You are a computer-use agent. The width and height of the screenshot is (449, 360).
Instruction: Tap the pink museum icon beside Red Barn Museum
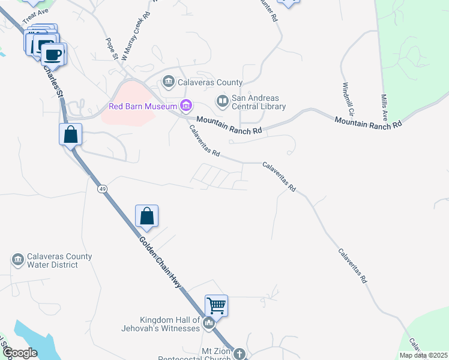pos(186,107)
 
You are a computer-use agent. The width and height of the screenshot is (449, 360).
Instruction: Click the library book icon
pos(222,101)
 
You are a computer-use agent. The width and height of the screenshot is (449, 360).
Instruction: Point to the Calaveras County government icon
pos(167,82)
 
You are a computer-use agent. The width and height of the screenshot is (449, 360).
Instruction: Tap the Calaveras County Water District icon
pos(17,260)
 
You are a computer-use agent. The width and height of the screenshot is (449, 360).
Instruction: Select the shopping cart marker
pos(216,305)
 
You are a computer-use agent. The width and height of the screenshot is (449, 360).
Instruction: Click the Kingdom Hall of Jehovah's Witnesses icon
pos(209,323)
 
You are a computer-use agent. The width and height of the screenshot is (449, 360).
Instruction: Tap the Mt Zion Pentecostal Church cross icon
pos(239,354)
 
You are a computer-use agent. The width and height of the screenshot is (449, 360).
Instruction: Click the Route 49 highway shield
pos(103,189)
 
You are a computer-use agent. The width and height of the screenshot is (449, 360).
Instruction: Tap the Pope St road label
pos(112,49)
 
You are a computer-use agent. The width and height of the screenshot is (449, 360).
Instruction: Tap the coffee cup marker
pos(53,55)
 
